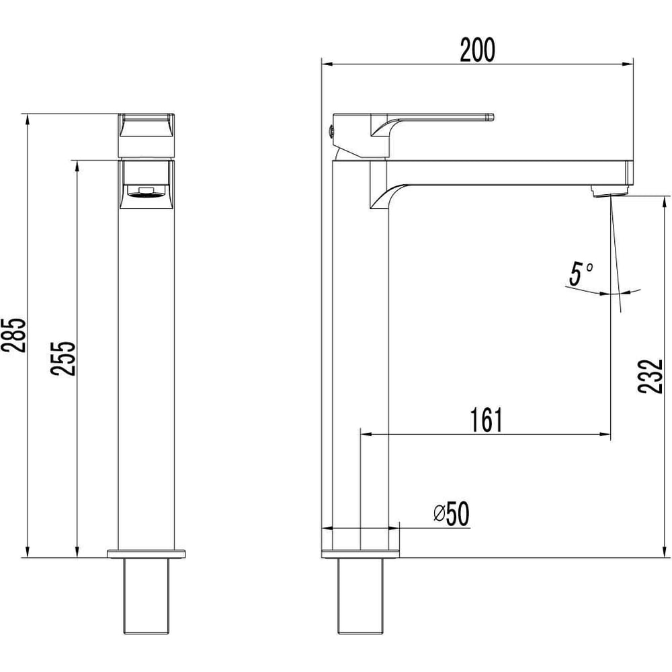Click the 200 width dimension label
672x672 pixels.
coord(477,50)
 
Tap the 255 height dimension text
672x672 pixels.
coord(63,358)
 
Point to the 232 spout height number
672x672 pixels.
coord(650,376)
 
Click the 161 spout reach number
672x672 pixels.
coord(486,420)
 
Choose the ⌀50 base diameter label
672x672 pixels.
coord(452,513)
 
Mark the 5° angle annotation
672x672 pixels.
coord(580,274)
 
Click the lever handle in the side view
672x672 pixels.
coord(432,125)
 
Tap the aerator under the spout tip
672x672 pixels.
coord(608,191)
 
